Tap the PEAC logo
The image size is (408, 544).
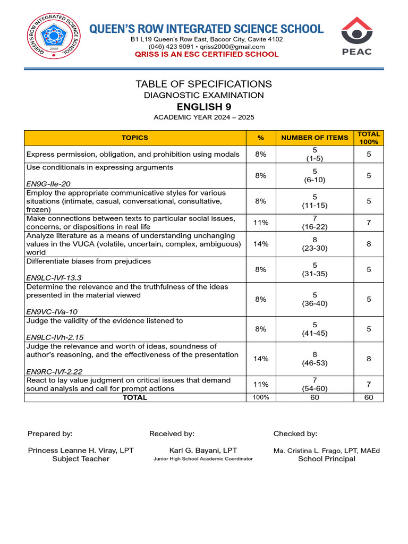pyautogui.click(x=356, y=36)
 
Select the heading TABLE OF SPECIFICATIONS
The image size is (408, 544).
pyautogui.click(x=203, y=84)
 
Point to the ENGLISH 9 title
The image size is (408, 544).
pyautogui.click(x=203, y=107)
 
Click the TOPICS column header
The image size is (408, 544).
pyautogui.click(x=135, y=138)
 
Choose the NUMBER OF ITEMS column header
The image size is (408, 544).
pyautogui.click(x=314, y=138)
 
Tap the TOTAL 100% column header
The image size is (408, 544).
pyautogui.click(x=369, y=138)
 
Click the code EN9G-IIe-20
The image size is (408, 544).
pyautogui.click(x=49, y=184)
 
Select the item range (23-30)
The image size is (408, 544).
pyautogui.click(x=314, y=248)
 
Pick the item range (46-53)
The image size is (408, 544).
pyautogui.click(x=314, y=363)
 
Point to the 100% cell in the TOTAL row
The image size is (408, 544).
pyautogui.click(x=260, y=397)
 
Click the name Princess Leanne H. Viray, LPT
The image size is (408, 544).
pyautogui.click(x=81, y=450)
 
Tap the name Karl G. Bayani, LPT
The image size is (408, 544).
pyautogui.click(x=203, y=450)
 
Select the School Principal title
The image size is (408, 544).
pyautogui.click(x=327, y=459)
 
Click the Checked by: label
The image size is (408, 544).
pyautogui.click(x=295, y=434)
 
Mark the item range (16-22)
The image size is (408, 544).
pyautogui.click(x=314, y=227)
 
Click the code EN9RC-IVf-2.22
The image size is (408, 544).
pyautogui.click(x=54, y=372)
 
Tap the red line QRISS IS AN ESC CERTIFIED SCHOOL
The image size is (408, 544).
pyautogui.click(x=207, y=54)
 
